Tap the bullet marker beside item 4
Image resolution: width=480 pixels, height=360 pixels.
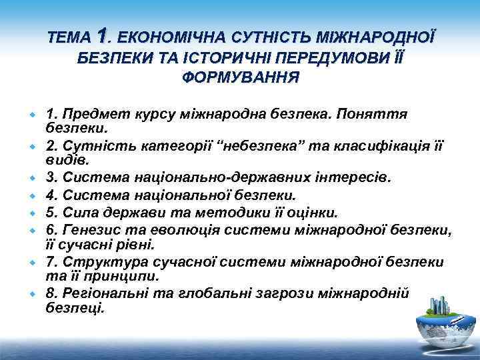31,196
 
